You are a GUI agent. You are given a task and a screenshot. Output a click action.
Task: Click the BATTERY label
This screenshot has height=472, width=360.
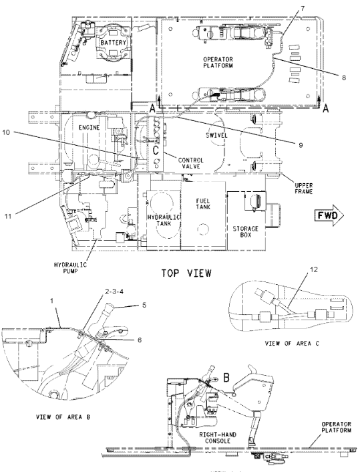(114, 42)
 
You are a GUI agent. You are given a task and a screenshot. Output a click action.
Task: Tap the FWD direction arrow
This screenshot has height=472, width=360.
(329, 215)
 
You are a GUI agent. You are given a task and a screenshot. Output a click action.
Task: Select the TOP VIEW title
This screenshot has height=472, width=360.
(186, 273)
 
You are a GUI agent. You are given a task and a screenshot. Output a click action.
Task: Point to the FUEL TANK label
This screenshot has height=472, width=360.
(203, 204)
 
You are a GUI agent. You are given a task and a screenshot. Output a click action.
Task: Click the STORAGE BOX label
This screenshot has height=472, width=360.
(246, 231)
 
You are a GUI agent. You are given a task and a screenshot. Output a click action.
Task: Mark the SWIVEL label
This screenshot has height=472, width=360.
(217, 136)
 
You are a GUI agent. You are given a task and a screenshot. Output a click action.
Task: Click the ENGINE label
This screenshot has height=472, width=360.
(89, 127)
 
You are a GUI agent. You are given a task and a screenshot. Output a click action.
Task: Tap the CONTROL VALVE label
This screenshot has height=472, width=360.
(190, 163)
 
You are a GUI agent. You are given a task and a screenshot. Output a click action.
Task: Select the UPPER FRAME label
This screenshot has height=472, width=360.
(303, 189)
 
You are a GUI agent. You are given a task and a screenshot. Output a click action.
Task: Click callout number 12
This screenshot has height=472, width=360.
(314, 269)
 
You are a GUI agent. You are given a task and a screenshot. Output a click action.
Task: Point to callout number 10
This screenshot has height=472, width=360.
(6, 132)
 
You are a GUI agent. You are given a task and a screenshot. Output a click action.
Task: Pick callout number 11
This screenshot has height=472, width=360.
(8, 216)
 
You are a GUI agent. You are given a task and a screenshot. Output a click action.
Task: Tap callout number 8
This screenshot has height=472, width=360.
(344, 78)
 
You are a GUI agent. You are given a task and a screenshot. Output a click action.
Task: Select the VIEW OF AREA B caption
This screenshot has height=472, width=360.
(63, 417)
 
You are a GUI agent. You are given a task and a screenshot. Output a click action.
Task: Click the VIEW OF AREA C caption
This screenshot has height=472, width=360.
(292, 343)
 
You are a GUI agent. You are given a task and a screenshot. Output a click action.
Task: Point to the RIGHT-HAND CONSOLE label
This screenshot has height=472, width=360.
(218, 438)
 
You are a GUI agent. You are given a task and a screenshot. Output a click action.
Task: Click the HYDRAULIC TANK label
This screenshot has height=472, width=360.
(164, 221)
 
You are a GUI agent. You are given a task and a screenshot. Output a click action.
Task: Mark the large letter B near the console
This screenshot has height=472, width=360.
(226, 378)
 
